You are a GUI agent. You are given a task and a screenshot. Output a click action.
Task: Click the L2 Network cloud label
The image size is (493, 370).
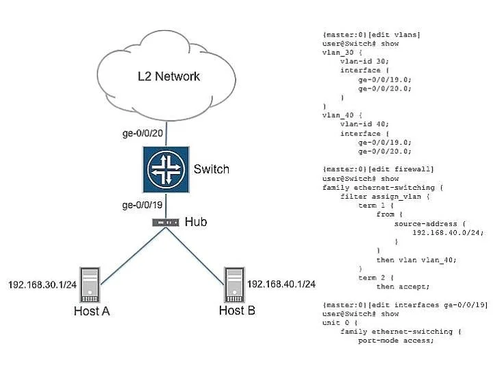[168, 76]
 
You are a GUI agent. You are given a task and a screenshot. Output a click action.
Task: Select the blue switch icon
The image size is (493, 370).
[166, 169]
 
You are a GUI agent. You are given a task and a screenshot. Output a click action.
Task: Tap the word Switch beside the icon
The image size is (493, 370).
[212, 169]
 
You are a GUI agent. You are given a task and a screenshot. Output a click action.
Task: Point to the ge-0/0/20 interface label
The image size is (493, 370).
[142, 133]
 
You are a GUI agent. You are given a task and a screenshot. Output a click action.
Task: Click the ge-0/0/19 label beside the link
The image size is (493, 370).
[142, 205]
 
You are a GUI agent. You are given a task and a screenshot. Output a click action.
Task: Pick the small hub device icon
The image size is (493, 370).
[166, 223]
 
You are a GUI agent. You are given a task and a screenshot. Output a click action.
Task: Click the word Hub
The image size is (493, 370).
[196, 222]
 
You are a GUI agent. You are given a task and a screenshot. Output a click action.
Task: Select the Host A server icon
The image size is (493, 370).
[90, 285]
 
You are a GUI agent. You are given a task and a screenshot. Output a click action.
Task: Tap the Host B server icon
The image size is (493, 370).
[234, 285]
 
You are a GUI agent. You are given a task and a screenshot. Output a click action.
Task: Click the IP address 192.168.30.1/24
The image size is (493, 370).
[42, 285]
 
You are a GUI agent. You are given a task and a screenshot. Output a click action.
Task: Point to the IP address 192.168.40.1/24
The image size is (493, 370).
[281, 284]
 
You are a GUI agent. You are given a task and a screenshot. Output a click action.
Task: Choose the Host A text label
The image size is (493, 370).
[92, 311]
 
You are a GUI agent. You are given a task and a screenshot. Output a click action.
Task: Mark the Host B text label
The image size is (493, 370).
[237, 310]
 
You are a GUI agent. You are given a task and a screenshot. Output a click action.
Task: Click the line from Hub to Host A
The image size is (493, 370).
[133, 256]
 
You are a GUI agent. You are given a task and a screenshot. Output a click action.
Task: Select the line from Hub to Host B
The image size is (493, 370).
[195, 256]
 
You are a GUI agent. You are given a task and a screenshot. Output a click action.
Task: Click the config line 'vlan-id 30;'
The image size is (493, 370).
[364, 61]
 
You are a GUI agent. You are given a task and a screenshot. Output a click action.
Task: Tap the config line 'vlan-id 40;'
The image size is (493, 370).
[364, 124]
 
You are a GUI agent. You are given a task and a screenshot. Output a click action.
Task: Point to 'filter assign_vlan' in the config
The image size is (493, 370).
[381, 197]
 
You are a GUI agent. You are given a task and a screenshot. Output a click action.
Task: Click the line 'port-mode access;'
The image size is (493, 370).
[396, 341]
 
